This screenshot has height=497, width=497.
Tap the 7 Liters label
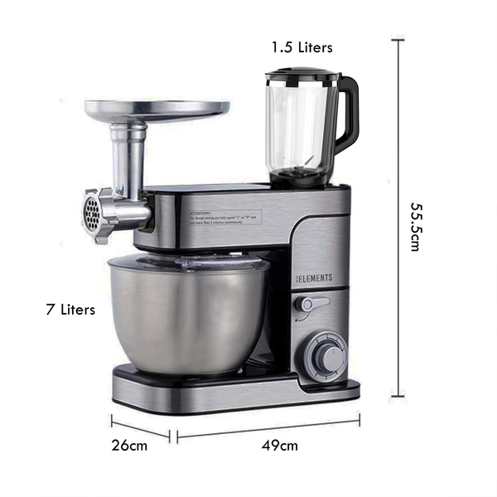[x=70, y=310]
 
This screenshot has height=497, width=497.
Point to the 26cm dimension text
[x=131, y=445]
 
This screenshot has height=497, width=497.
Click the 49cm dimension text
[x=280, y=446]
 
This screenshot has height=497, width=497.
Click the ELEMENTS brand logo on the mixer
[x=315, y=278]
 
